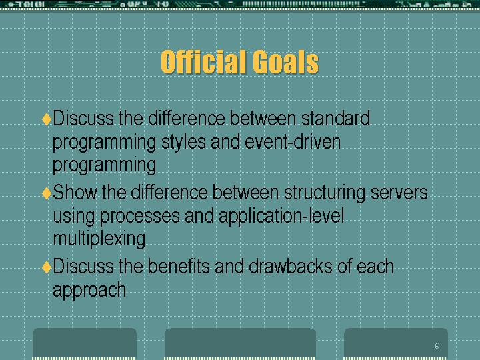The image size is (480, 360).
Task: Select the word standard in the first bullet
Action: [335, 118]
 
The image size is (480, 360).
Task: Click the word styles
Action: [183, 143]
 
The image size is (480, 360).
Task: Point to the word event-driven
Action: [293, 142]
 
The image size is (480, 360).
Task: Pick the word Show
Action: [75, 192]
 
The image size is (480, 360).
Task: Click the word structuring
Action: [325, 193]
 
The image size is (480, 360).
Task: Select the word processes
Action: [139, 217]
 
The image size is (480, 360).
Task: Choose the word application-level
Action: [281, 217]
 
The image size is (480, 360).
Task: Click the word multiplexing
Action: [99, 239]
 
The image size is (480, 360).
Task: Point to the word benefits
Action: [179, 266]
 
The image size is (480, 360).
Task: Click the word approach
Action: [89, 290]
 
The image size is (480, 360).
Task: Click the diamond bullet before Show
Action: [47, 193]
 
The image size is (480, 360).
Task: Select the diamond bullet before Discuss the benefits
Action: [47, 267]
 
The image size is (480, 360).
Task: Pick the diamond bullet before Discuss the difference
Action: [47, 119]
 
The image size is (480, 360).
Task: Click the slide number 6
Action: [437, 346]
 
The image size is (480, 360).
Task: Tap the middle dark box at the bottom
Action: [240, 343]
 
